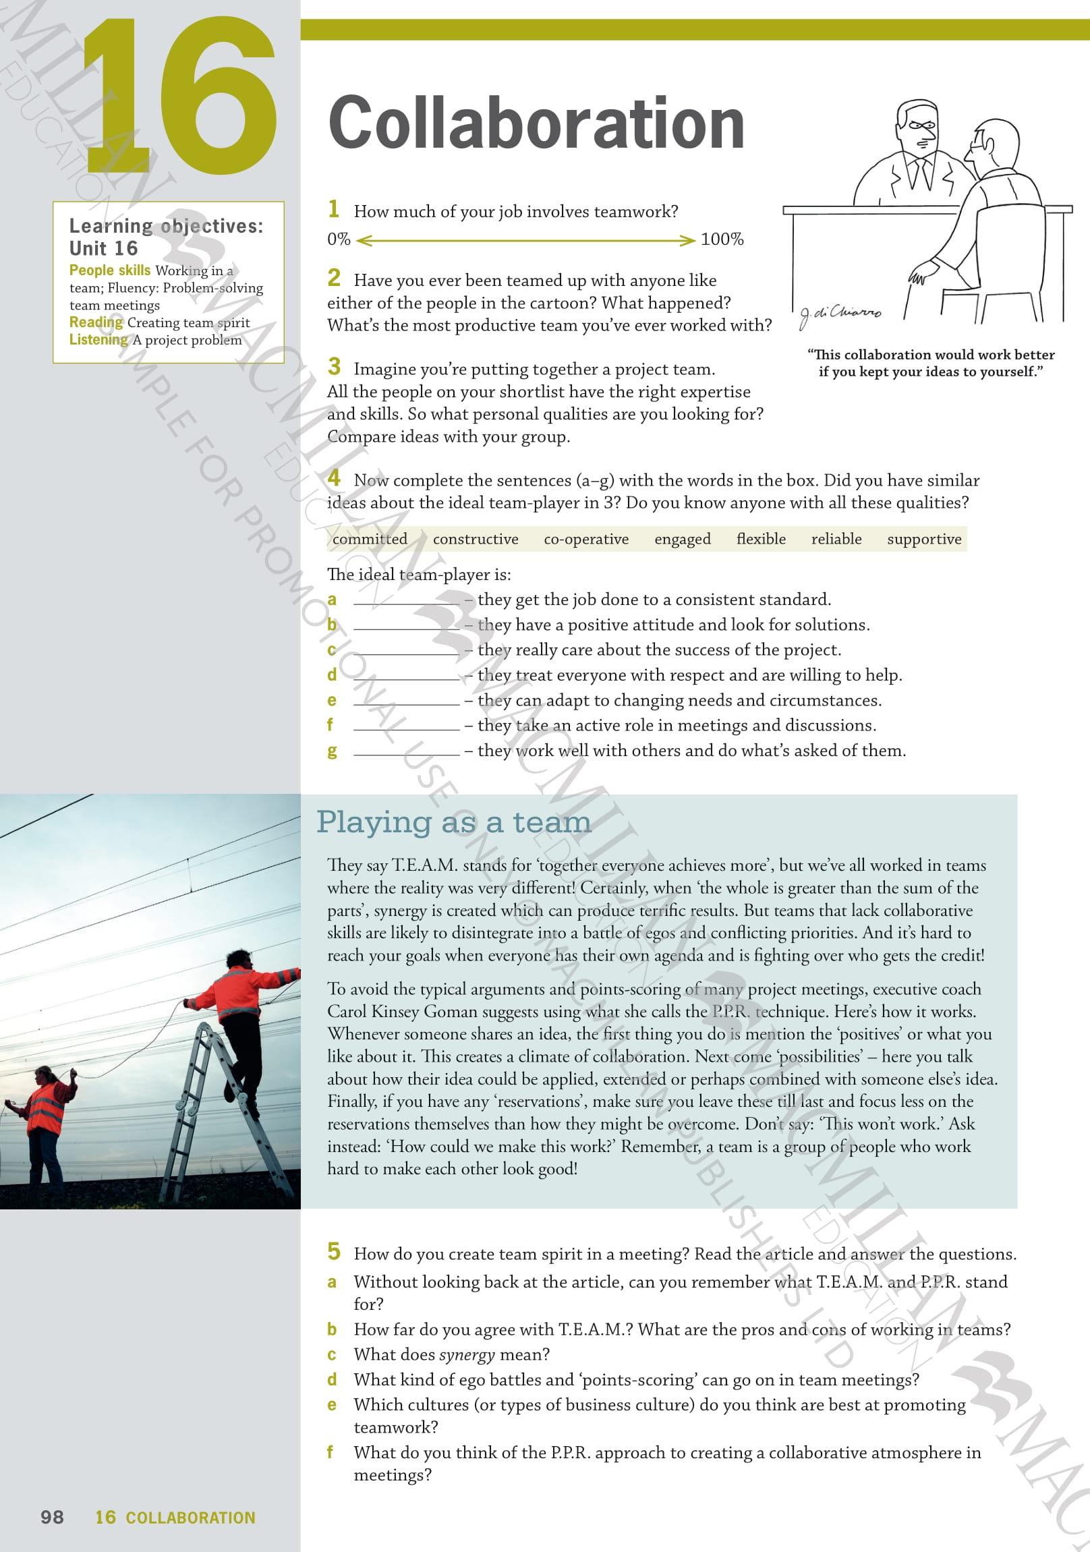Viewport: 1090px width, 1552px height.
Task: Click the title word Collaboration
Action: pyautogui.click(x=536, y=123)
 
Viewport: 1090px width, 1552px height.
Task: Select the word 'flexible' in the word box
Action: pyautogui.click(x=761, y=539)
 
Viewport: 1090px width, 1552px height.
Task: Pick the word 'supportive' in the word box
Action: pyautogui.click(x=923, y=539)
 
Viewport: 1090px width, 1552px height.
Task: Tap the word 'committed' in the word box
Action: pyautogui.click(x=370, y=539)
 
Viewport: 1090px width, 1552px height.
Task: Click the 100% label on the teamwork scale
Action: pyautogui.click(x=722, y=239)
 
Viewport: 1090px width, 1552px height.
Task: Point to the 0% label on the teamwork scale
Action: pyautogui.click(x=339, y=239)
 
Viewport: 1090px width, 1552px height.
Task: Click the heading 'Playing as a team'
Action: pyautogui.click(x=454, y=822)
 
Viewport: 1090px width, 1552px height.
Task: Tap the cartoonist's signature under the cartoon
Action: pyautogui.click(x=840, y=314)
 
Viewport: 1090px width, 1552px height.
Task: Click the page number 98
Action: pyautogui.click(x=52, y=1517)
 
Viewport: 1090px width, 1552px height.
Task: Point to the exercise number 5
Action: pyautogui.click(x=334, y=1252)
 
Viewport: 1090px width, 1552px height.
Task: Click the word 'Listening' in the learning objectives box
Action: pyautogui.click(x=98, y=339)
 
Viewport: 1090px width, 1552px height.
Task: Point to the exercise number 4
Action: pyautogui.click(x=334, y=478)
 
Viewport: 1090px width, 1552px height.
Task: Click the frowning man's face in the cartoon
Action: pyautogui.click(x=919, y=128)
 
